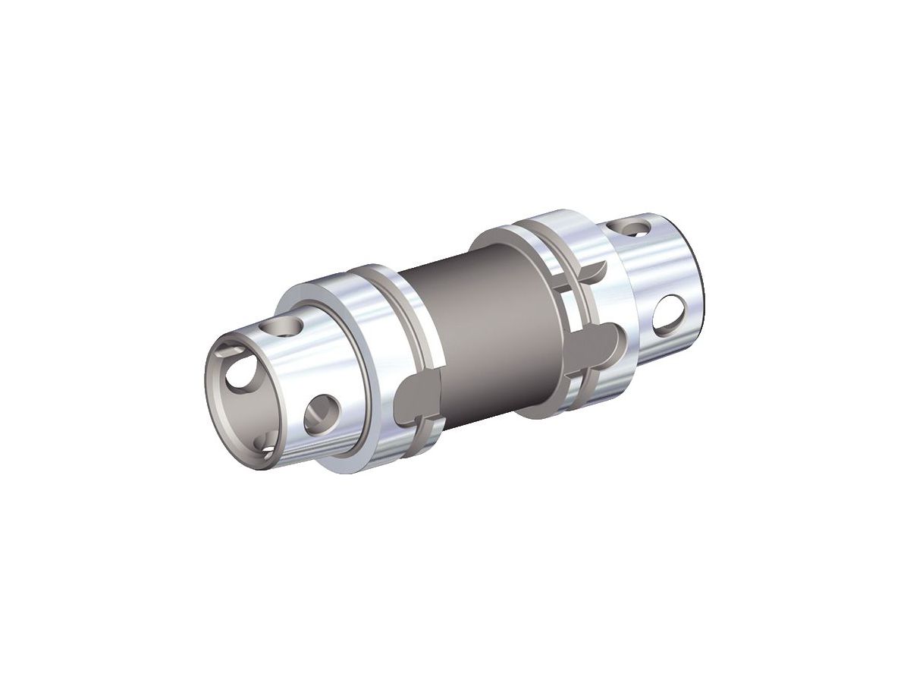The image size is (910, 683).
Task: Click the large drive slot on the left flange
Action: [x=419, y=395]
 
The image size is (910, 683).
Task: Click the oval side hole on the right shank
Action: [x=670, y=313]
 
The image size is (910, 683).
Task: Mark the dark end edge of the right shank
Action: [x=701, y=288]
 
